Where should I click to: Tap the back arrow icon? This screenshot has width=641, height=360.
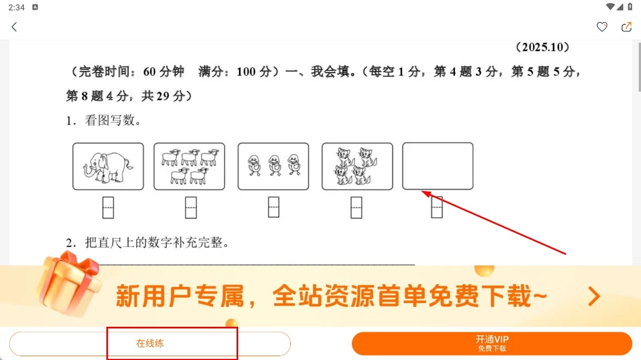(14, 27)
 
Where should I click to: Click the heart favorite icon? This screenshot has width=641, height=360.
(602, 27)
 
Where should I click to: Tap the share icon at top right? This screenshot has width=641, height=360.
(626, 27)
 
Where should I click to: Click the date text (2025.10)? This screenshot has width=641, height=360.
(542, 47)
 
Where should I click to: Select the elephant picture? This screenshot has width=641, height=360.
(108, 166)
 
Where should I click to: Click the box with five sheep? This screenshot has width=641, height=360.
(189, 166)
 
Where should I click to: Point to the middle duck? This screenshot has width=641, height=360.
(274, 165)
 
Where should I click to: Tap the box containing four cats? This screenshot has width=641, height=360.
(357, 166)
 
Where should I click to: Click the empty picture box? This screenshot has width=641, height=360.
(438, 142)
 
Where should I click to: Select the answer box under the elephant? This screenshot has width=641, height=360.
(108, 208)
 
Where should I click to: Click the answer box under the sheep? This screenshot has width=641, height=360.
(191, 208)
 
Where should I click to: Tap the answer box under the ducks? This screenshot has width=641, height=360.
(274, 207)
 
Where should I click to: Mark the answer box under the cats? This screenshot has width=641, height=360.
(356, 208)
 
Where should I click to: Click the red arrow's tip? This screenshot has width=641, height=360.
(422, 191)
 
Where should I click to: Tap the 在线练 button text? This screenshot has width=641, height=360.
(150, 343)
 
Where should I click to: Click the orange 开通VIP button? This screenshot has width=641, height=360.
(492, 343)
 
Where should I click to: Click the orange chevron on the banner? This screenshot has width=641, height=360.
(594, 296)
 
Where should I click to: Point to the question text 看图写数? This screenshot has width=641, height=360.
(110, 120)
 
